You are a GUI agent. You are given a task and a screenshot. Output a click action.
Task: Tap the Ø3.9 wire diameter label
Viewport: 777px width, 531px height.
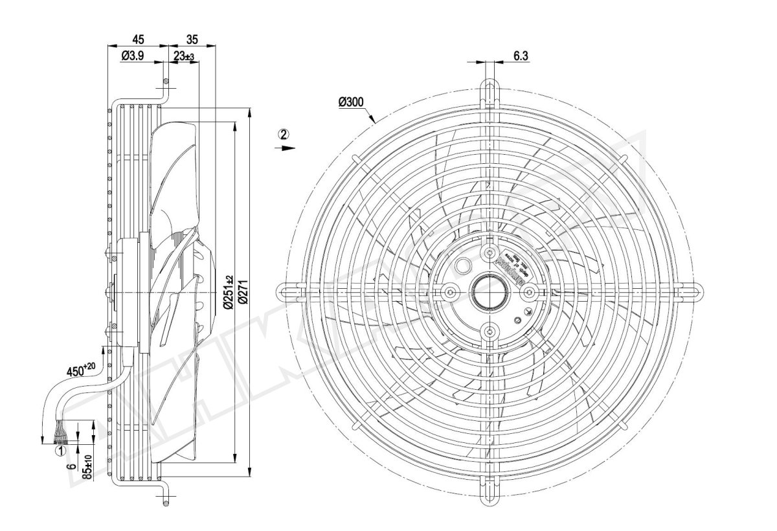132,57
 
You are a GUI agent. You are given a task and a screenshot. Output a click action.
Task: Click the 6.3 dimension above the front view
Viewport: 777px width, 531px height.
521,56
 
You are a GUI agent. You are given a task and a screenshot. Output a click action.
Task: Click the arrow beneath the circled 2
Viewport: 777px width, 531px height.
284,148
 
